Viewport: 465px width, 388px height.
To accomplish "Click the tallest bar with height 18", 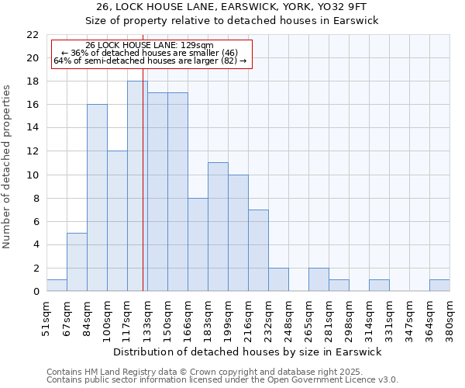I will pyautogui.click(x=137, y=186).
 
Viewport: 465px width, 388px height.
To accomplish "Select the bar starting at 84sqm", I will pyautogui.click(x=97, y=198).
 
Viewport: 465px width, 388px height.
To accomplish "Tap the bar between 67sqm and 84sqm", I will pyautogui.click(x=77, y=262).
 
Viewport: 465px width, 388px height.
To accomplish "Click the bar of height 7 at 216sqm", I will pyautogui.click(x=258, y=250).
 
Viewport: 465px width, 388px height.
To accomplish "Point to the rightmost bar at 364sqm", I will pyautogui.click(x=439, y=285).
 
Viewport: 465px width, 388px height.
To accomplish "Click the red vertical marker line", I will pyautogui.click(x=143, y=194).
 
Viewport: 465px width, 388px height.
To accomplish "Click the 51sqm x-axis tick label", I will pyautogui.click(x=47, y=318).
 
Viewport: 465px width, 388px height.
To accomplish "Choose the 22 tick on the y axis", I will pyautogui.click(x=33, y=35).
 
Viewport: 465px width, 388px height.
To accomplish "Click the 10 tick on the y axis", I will pyautogui.click(x=33, y=175).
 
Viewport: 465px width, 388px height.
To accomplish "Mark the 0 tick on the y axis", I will pyautogui.click(x=36, y=291).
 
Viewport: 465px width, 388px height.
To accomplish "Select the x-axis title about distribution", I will pyautogui.click(x=248, y=352).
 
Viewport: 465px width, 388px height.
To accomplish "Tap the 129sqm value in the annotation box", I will pyautogui.click(x=200, y=46).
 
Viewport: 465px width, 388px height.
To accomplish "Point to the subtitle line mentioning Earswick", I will pyautogui.click(x=232, y=21).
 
